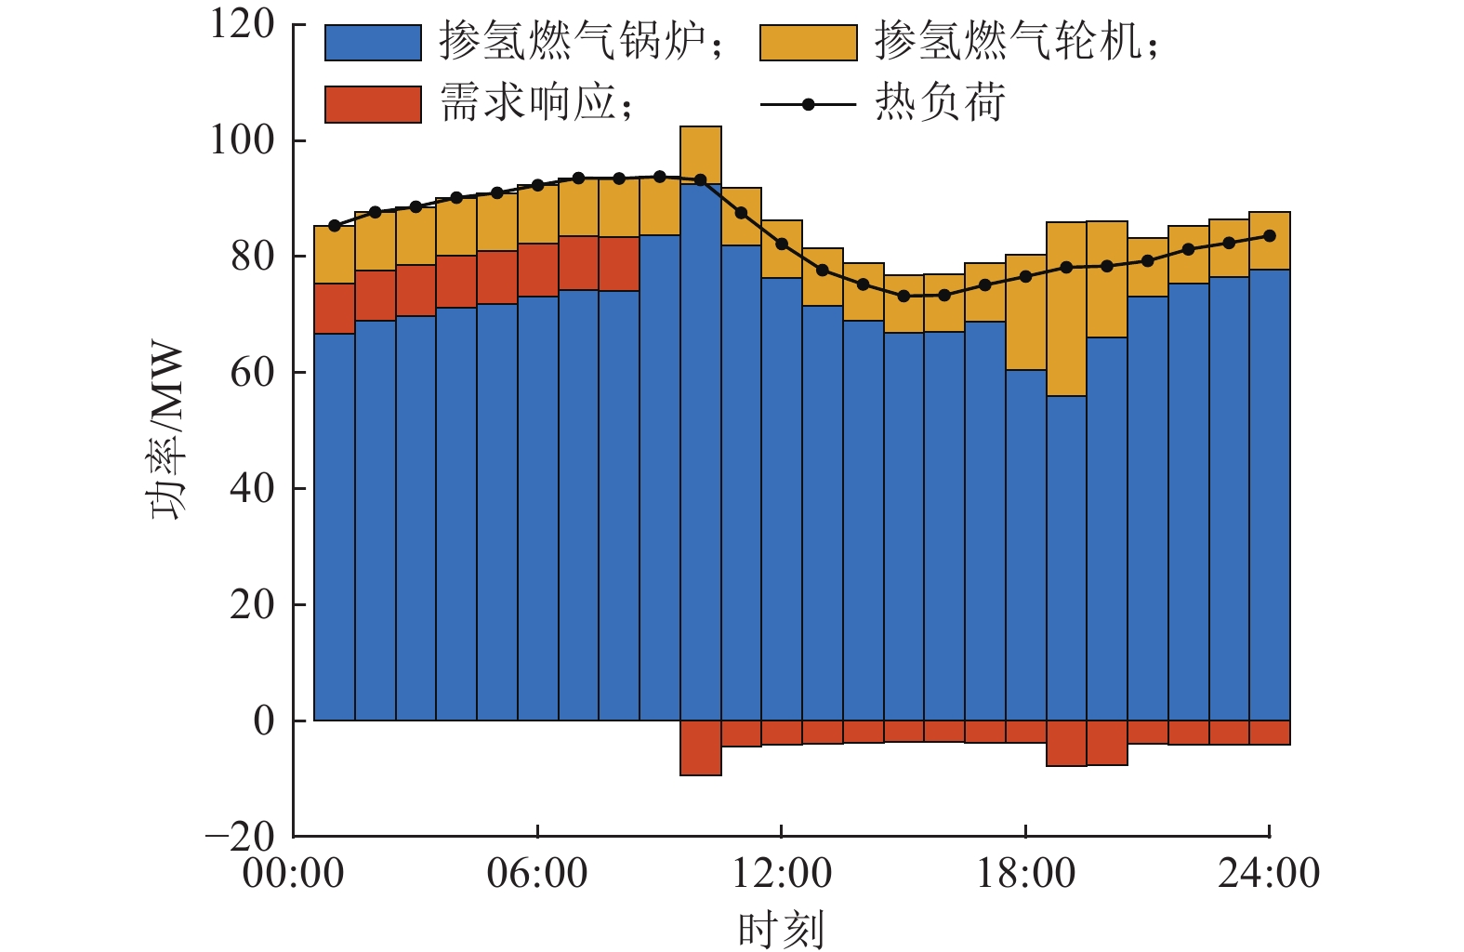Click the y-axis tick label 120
pyautogui.click(x=243, y=24)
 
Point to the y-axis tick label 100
pyautogui.click(x=243, y=140)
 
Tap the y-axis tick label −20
pyautogui.click(x=240, y=836)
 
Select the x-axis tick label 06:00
pyautogui.click(x=537, y=873)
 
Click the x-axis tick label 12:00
pyautogui.click(x=781, y=873)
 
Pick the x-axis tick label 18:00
pyautogui.click(x=1025, y=873)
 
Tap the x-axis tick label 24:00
pyautogui.click(x=1269, y=873)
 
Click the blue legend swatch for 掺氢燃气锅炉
pyautogui.click(x=373, y=43)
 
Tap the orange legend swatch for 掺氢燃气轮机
pyautogui.click(x=808, y=43)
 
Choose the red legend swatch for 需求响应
pyautogui.click(x=373, y=104)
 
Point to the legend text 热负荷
pyautogui.click(x=940, y=102)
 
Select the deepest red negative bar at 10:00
pyautogui.click(x=701, y=747)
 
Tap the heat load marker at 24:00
pyautogui.click(x=1270, y=236)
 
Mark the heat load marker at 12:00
pyautogui.click(x=782, y=245)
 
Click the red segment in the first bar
pyautogui.click(x=335, y=309)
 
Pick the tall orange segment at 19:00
pyautogui.click(x=1066, y=309)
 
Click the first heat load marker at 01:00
pyautogui.click(x=335, y=226)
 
